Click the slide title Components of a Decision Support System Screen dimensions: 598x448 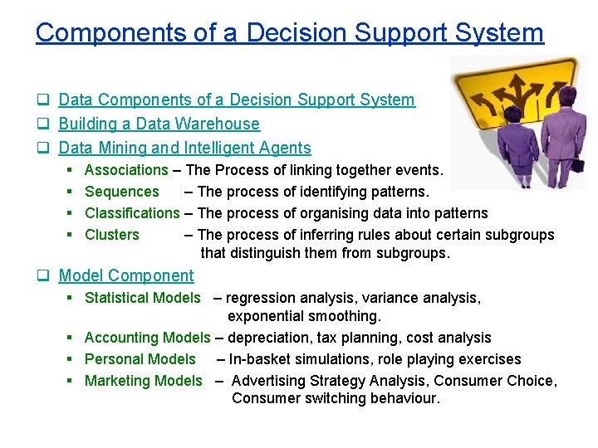pyautogui.click(x=289, y=32)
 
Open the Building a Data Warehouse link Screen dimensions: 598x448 pyautogui.click(x=159, y=124)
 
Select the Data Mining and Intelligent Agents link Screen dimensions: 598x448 pyautogui.click(x=184, y=148)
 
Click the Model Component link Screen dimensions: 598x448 pyautogui.click(x=125, y=275)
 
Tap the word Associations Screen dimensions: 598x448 pyautogui.click(x=126, y=170)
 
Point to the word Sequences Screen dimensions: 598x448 pyautogui.click(x=122, y=192)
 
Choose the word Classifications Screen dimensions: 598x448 pyautogui.click(x=132, y=213)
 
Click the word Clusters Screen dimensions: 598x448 pyautogui.click(x=112, y=235)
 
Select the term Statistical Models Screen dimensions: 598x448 pyautogui.click(x=143, y=298)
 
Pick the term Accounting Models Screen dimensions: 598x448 pyautogui.click(x=148, y=338)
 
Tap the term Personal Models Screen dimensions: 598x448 pyautogui.click(x=140, y=359)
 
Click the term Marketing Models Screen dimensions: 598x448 pyautogui.click(x=144, y=381)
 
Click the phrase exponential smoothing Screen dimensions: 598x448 pyautogui.click(x=304, y=316)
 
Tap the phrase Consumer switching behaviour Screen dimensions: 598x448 pyautogui.click(x=336, y=398)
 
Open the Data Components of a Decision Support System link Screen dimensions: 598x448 pyautogui.click(x=237, y=100)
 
